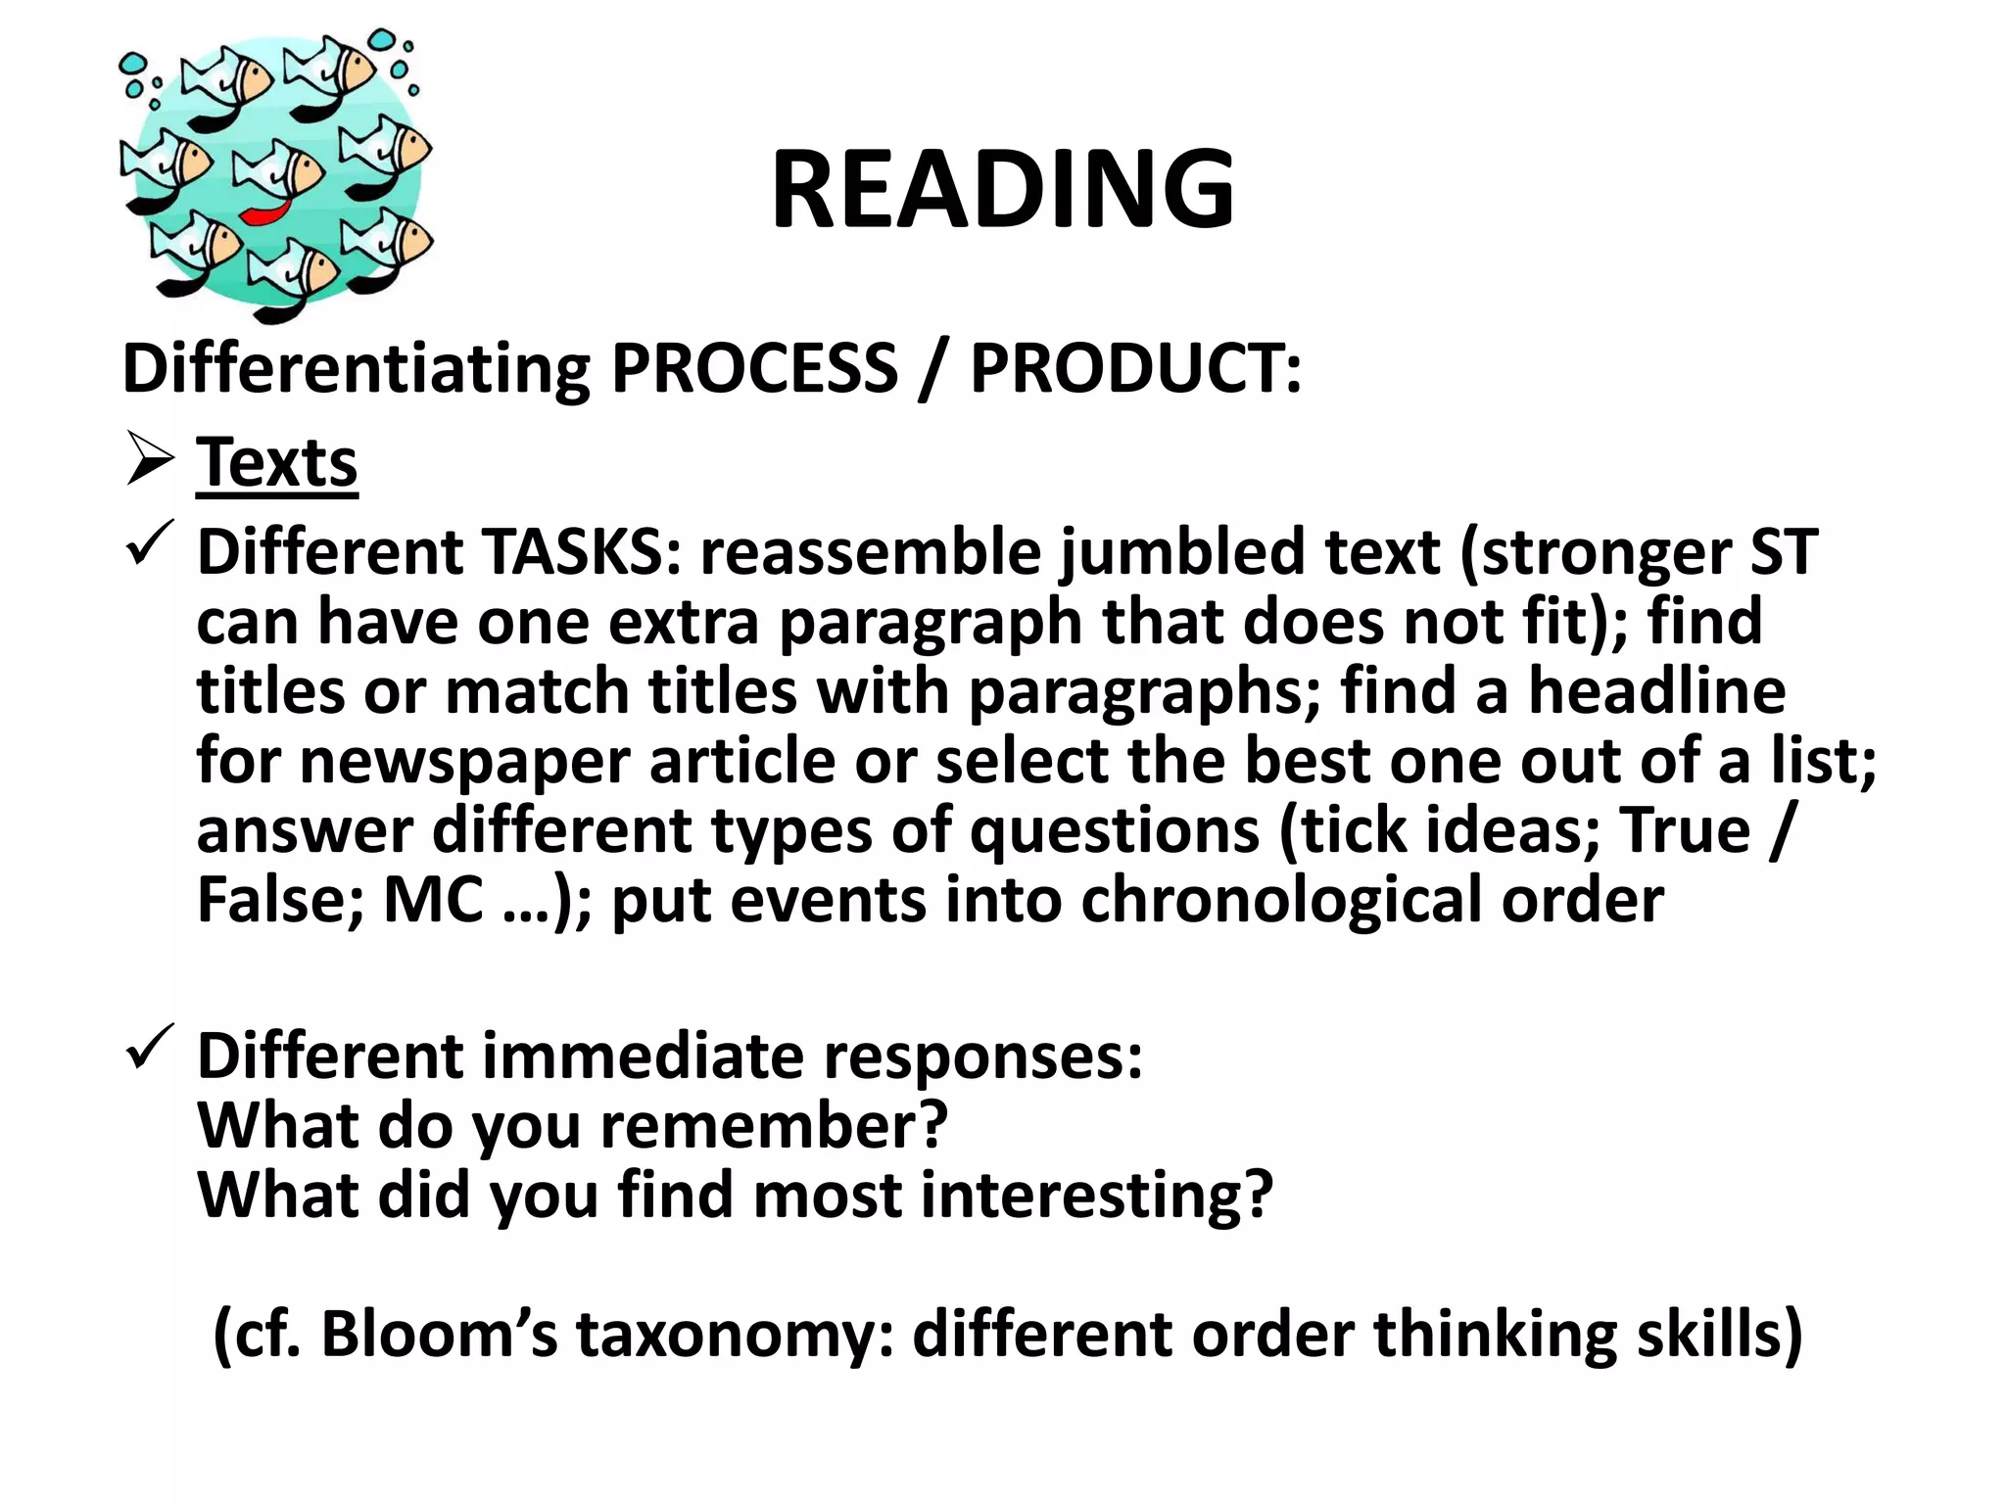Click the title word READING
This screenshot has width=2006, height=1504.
1002,188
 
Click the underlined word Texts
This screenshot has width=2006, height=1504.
277,462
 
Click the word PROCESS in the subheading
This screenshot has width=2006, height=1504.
754,368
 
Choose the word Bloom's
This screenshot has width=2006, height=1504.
439,1334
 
